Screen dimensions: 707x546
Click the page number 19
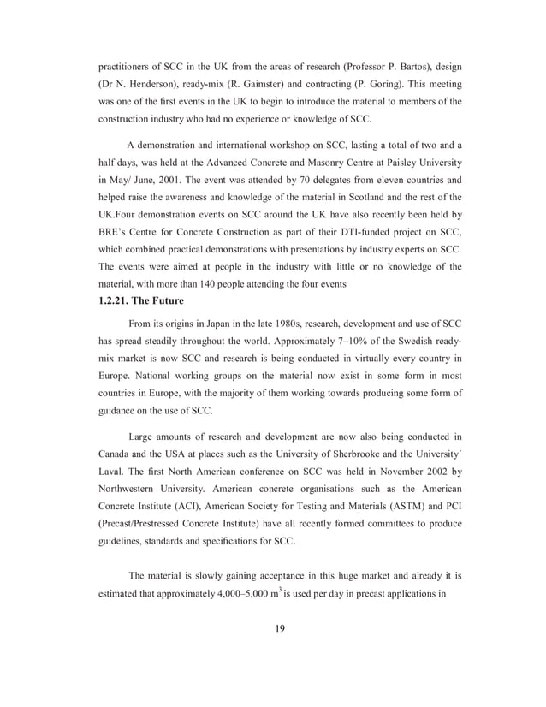(279, 630)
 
